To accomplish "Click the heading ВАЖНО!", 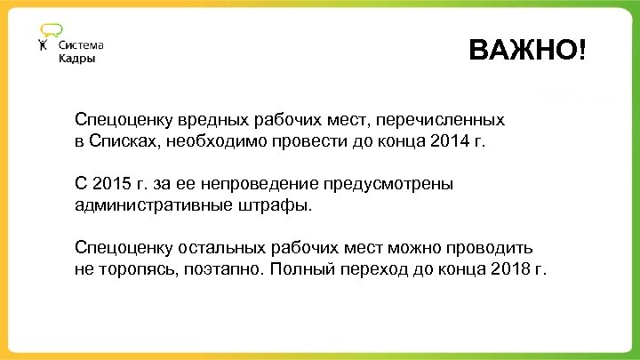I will pyautogui.click(x=527, y=51).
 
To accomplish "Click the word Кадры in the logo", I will pyautogui.click(x=76, y=59).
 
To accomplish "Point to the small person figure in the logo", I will pyautogui.click(x=44, y=45).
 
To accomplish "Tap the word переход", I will pyautogui.click(x=378, y=270).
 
